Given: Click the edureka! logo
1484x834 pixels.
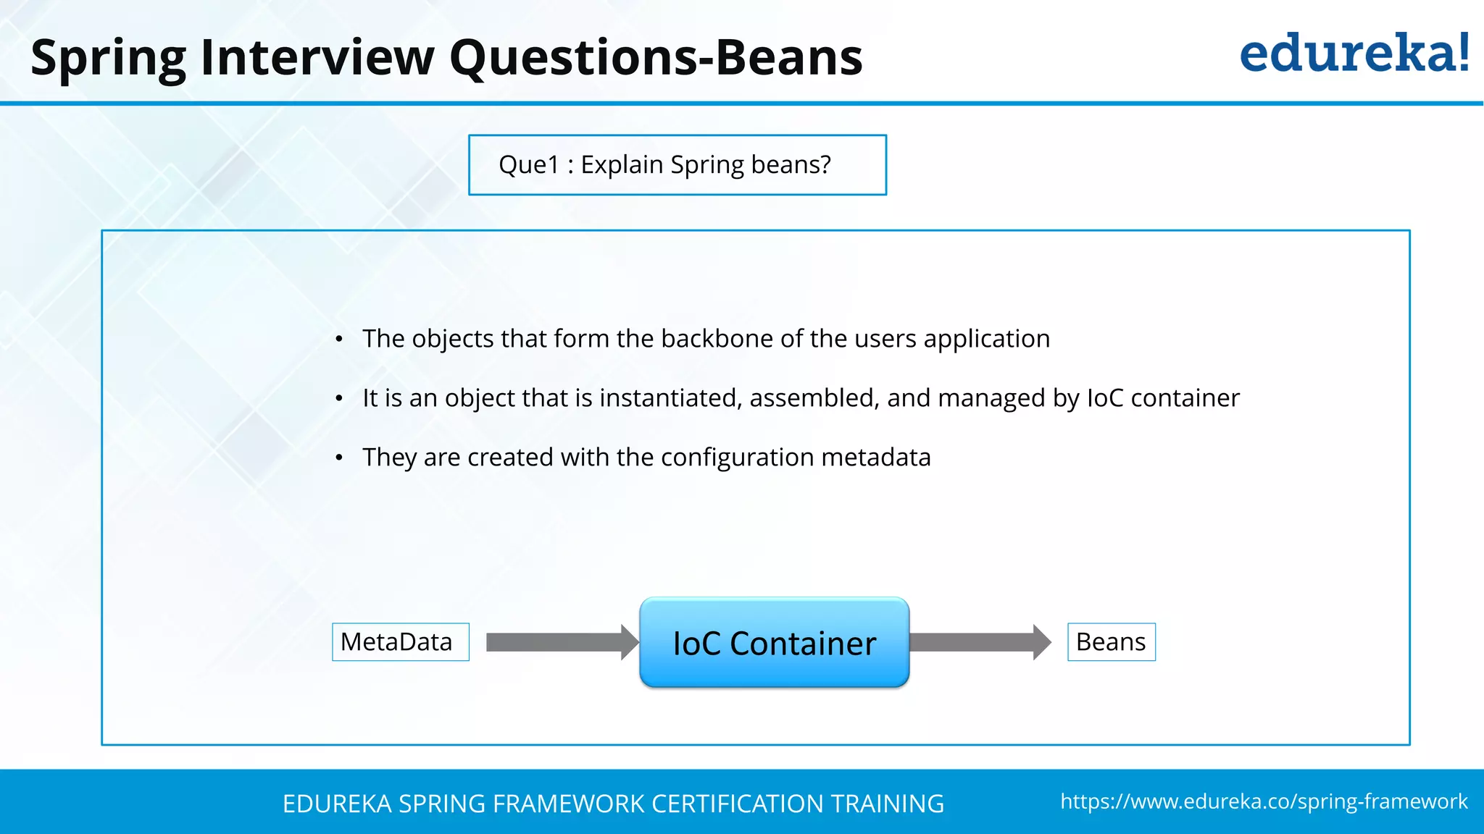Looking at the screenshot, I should click(1354, 54).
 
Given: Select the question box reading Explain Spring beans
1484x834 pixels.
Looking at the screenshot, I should click(677, 165).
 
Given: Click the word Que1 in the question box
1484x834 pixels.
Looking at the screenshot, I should click(528, 165).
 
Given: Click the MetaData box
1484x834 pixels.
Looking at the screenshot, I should click(400, 642).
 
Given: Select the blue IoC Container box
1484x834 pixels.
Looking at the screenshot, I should click(774, 643).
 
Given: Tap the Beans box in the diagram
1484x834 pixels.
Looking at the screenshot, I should click(1111, 642).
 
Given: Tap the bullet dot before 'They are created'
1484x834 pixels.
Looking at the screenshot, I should click(339, 458).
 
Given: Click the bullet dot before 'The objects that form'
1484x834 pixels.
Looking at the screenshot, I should click(339, 340).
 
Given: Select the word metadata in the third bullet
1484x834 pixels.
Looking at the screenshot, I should click(875, 458).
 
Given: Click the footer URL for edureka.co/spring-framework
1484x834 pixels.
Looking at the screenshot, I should click(1264, 801).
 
